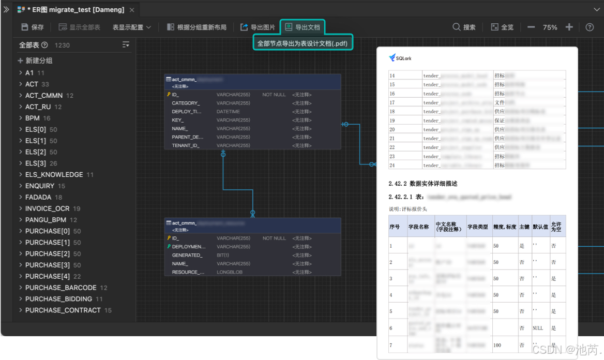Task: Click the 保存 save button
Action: tap(32, 27)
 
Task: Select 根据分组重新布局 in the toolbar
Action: tap(197, 27)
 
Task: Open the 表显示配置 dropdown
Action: tap(131, 27)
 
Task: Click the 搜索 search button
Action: tap(464, 27)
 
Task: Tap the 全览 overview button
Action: tap(502, 27)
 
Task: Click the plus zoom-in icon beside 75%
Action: tap(569, 27)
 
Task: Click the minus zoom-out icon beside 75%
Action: tap(531, 27)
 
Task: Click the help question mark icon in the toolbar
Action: tap(590, 27)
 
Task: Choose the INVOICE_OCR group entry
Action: tap(47, 208)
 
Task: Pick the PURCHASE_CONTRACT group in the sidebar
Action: tap(63, 310)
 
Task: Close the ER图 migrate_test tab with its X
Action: tap(132, 10)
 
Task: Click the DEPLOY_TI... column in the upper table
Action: tap(187, 112)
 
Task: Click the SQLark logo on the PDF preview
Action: tap(401, 58)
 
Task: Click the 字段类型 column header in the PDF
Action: tap(477, 227)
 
